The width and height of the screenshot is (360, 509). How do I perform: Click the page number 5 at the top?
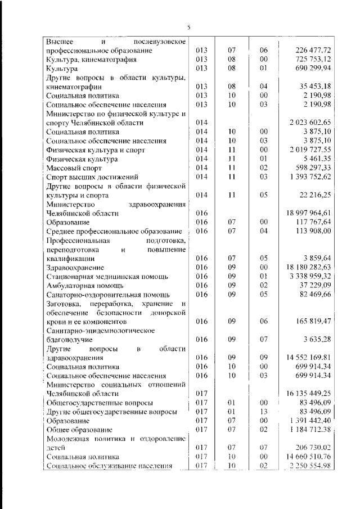click(188, 26)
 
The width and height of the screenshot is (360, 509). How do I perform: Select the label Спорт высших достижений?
click(84, 177)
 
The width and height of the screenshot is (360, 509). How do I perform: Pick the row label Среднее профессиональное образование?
click(114, 232)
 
